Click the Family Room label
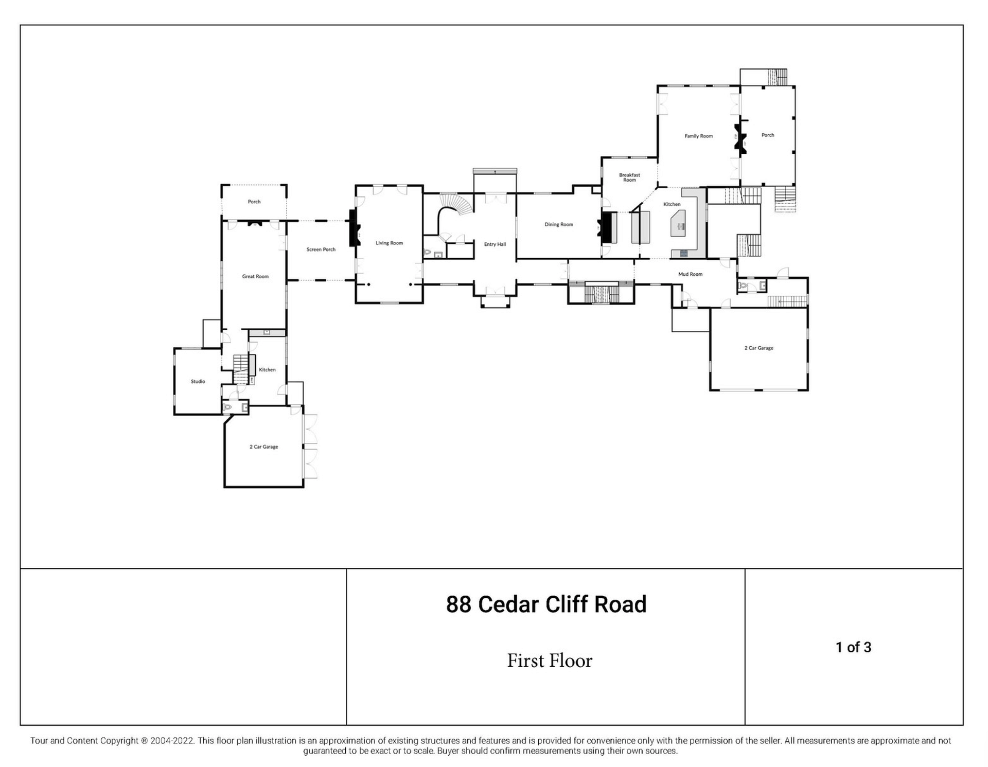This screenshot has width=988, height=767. (x=698, y=136)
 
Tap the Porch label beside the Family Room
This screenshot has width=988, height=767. (x=768, y=135)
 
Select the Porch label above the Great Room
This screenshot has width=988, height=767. (x=254, y=202)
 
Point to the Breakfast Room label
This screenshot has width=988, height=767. (x=629, y=177)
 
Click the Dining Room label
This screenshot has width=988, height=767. (x=559, y=224)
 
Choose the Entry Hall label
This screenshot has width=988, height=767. (x=495, y=244)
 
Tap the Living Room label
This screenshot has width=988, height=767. (x=389, y=243)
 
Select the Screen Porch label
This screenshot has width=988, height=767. (x=321, y=249)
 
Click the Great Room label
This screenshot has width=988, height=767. (x=255, y=276)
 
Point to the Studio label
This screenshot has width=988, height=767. (x=198, y=381)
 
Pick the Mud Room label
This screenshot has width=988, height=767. (x=690, y=274)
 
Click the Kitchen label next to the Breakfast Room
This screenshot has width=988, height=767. (x=672, y=204)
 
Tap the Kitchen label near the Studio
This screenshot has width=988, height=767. (x=267, y=370)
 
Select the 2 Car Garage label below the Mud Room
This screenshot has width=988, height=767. (x=758, y=348)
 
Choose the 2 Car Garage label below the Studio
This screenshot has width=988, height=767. (x=264, y=447)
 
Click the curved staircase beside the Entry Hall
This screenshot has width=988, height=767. (x=455, y=206)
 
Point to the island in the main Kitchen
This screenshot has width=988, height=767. (x=679, y=223)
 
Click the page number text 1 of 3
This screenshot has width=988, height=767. (x=854, y=647)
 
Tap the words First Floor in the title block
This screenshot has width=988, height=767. (x=550, y=661)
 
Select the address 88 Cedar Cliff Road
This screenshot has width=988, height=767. (x=546, y=604)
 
